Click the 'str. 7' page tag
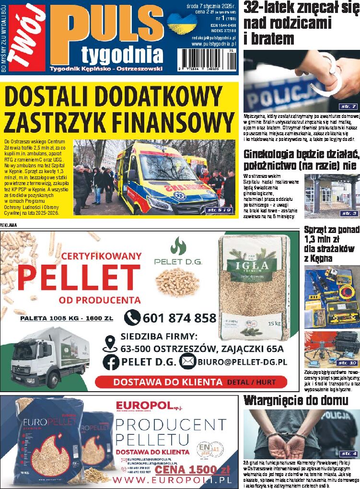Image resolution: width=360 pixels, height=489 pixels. point(348,106)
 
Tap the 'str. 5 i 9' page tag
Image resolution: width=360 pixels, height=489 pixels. point(218,210)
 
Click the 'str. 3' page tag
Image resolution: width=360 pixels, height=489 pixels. point(348,213)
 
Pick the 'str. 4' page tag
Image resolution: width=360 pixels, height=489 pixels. point(348,453)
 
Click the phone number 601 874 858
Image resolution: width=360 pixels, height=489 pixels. point(179,318)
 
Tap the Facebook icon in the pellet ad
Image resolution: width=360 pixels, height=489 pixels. point(111,362)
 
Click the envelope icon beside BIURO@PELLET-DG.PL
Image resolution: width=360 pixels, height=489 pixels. point(187,362)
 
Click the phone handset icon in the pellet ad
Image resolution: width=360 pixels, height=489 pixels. point(132,317)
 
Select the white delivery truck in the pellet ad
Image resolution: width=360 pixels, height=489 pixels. point(50,356)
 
